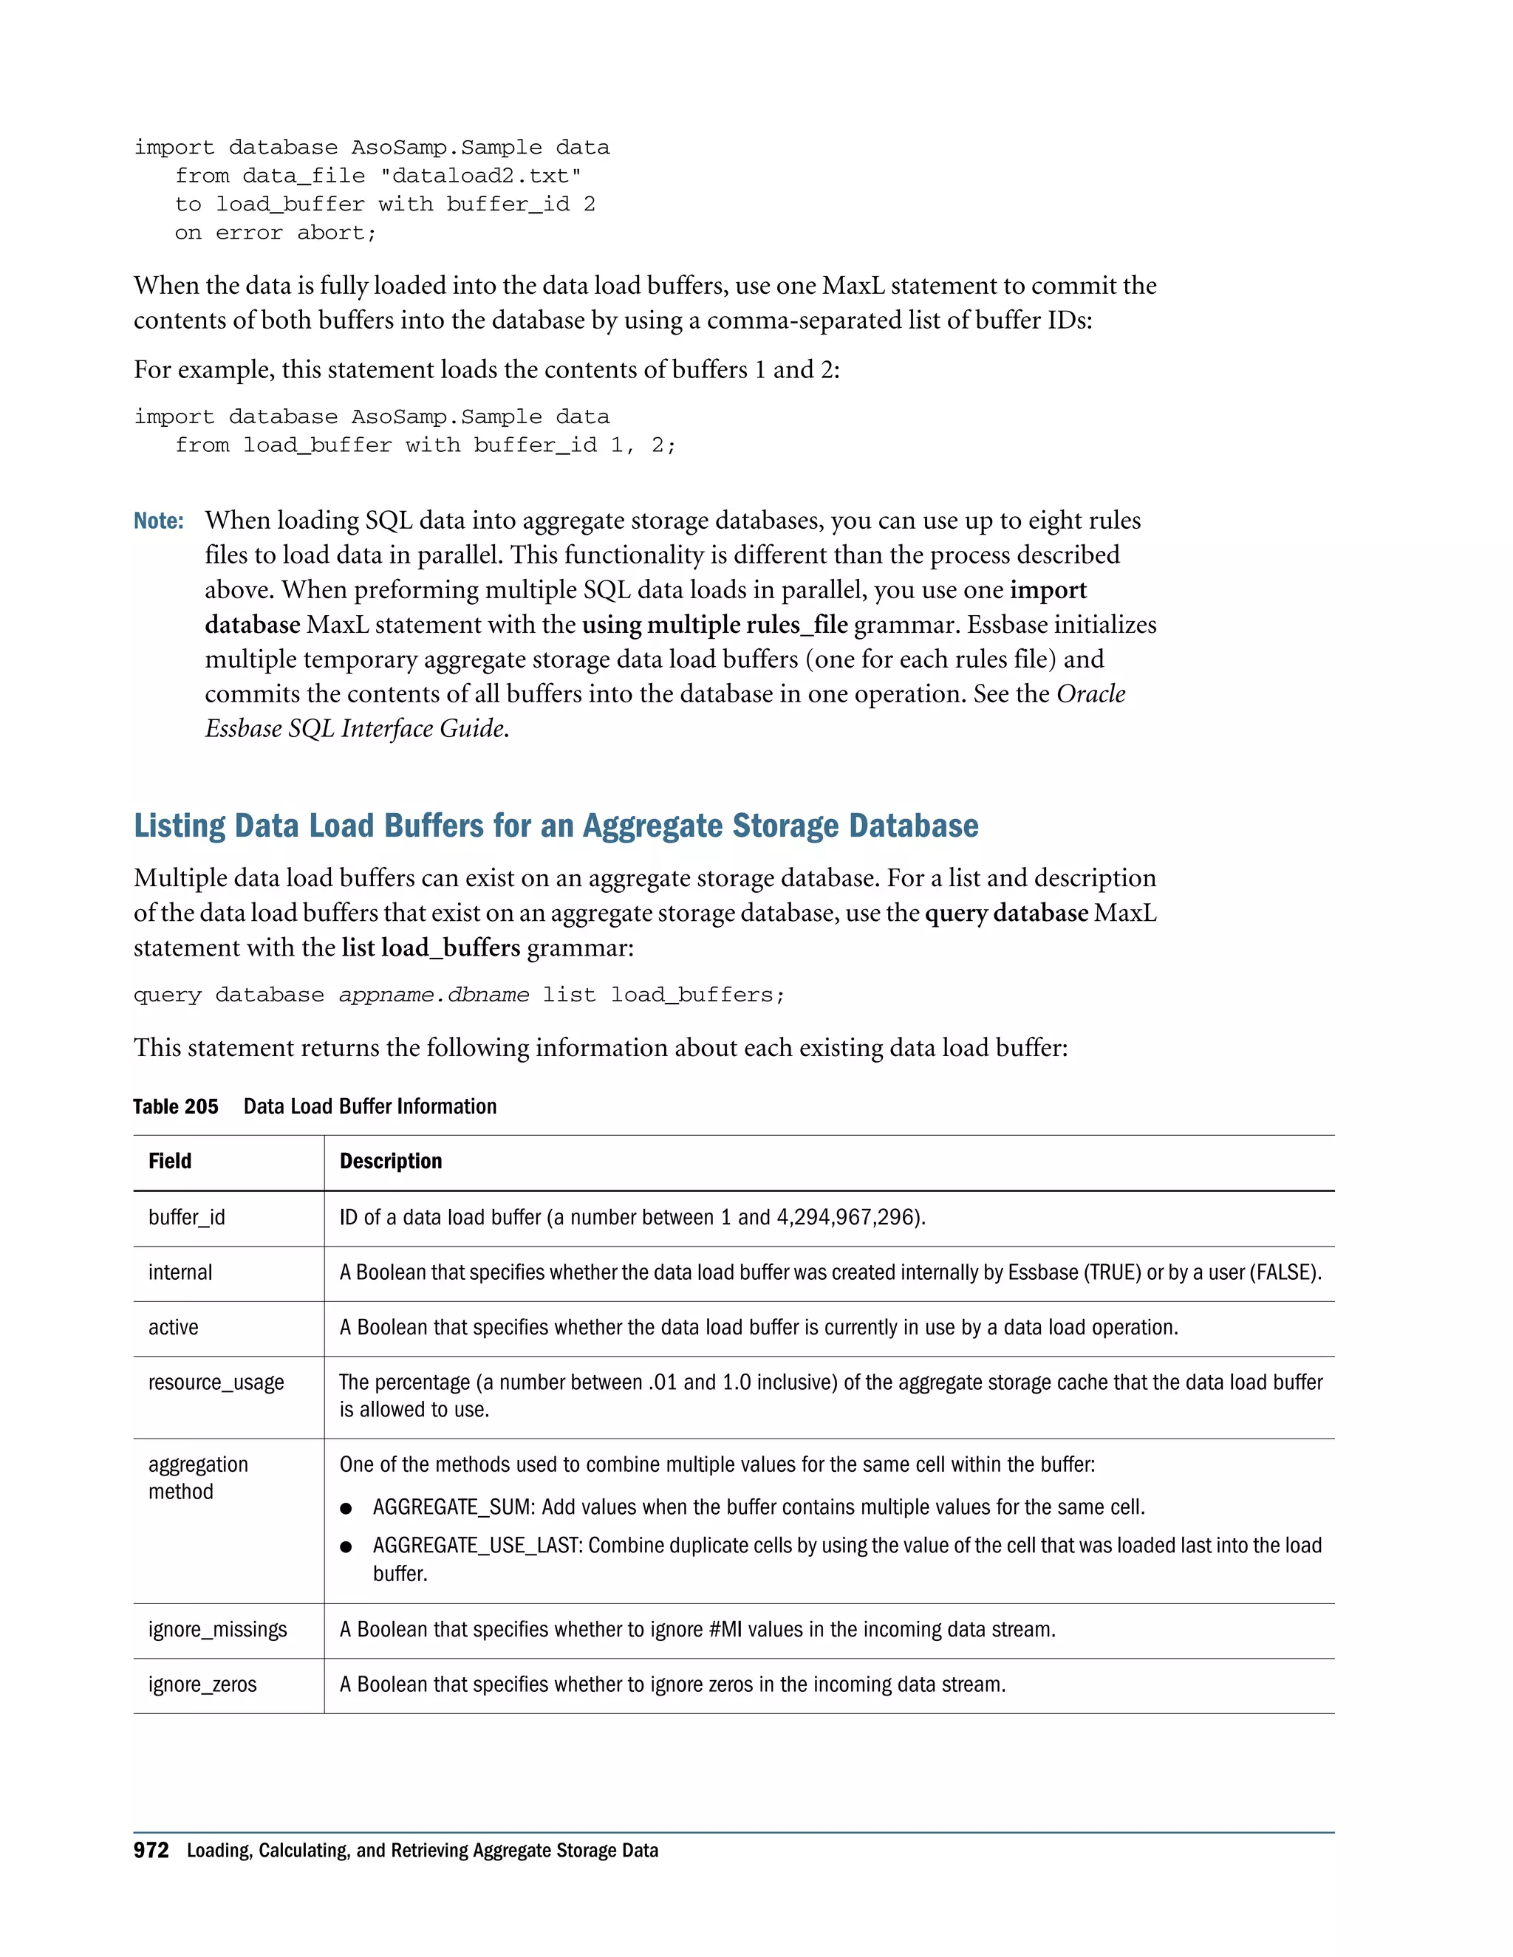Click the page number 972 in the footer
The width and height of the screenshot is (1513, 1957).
pyautogui.click(x=151, y=1851)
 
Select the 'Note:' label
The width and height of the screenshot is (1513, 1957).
pyautogui.click(x=159, y=521)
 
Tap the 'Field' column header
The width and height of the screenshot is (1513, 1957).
pyautogui.click(x=169, y=1162)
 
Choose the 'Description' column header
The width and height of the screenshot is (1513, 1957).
pyautogui.click(x=390, y=1162)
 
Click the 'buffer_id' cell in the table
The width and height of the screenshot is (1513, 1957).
pyautogui.click(x=186, y=1218)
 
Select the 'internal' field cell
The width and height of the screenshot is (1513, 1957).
pyautogui.click(x=180, y=1272)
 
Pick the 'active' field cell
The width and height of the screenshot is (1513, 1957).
pyautogui.click(x=173, y=1327)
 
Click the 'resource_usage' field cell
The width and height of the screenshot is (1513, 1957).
pyautogui.click(x=216, y=1382)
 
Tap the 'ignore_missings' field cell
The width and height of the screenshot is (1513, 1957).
pyautogui.click(x=218, y=1630)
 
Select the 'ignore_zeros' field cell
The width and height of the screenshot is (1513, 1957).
pyautogui.click(x=202, y=1684)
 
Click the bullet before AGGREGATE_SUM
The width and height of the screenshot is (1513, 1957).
pyautogui.click(x=346, y=1509)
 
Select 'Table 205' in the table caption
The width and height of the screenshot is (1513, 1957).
pyautogui.click(x=176, y=1107)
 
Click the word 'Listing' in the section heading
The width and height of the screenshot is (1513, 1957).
pyautogui.click(x=180, y=826)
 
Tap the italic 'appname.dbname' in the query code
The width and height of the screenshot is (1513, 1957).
pyautogui.click(x=434, y=995)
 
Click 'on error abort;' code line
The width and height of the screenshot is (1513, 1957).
pyautogui.click(x=275, y=233)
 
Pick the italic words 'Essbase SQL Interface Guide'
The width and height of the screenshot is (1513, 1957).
pyautogui.click(x=354, y=728)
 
